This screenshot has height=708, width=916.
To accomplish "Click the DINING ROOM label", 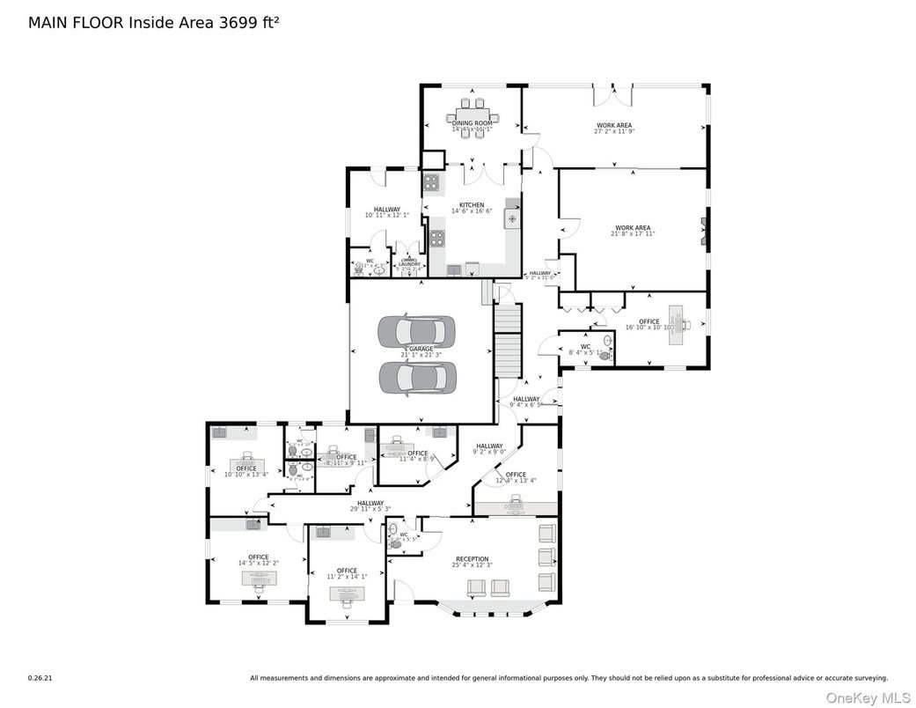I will click(473, 123).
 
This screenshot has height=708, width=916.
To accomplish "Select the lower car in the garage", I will click(419, 378).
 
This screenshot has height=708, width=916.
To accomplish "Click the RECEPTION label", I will click(472, 559).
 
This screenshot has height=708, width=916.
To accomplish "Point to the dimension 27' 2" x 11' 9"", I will click(614, 132).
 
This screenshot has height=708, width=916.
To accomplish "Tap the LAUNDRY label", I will click(410, 263).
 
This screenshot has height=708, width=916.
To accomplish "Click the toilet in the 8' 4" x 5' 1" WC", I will click(605, 357).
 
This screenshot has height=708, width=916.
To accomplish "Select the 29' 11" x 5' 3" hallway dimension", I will click(370, 508).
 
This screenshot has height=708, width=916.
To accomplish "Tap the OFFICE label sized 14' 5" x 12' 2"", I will click(259, 557).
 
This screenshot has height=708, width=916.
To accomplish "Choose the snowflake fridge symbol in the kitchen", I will click(511, 218).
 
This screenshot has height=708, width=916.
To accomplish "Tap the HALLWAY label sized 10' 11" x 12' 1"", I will click(381, 210).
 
